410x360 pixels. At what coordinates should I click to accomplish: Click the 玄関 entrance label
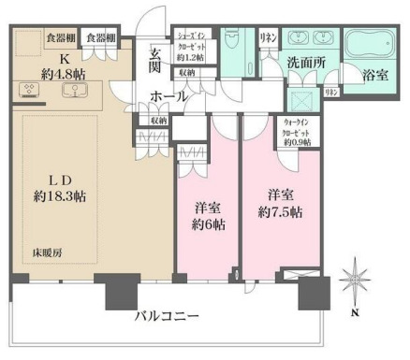[155, 60]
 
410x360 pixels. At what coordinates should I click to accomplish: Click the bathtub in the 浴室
[368, 48]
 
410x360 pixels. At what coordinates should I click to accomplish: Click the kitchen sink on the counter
[69, 91]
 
